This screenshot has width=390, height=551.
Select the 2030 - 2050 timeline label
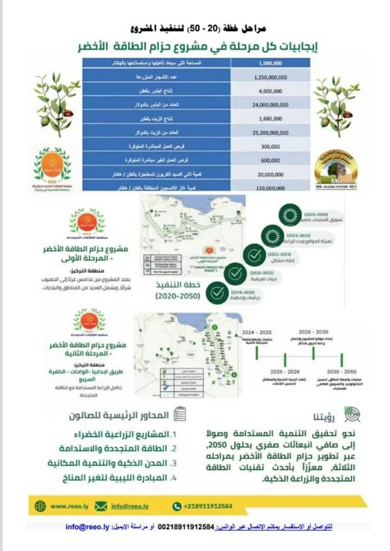point(342,371)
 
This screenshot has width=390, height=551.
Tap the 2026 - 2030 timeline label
point(313,332)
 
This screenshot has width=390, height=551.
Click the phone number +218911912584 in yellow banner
point(207,506)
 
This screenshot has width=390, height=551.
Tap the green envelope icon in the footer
point(101,506)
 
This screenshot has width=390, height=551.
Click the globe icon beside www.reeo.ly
point(40,506)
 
